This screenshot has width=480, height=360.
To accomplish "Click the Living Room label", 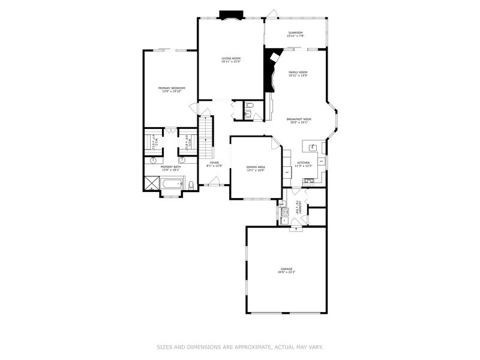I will coord(230,59).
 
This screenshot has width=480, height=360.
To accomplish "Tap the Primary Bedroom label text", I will coord(172,89).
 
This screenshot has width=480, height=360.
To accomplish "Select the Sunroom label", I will coord(295,34).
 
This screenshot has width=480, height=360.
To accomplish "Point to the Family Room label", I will coord(298,74).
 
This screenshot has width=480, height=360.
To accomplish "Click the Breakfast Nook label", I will coord(298,121).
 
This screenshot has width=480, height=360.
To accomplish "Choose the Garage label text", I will coord(286,270).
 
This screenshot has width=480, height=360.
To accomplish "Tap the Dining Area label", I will coord(256,168).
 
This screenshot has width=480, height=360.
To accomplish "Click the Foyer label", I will coord(214,164).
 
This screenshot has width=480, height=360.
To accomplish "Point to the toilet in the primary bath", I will coord(191,185).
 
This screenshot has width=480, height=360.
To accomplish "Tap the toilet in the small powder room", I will coord(250,106).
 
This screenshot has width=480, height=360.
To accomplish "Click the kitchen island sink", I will coord(313,146).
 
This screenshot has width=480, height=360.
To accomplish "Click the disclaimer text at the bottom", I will coord(240,347).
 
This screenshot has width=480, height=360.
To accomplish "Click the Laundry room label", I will coord(296,208).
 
